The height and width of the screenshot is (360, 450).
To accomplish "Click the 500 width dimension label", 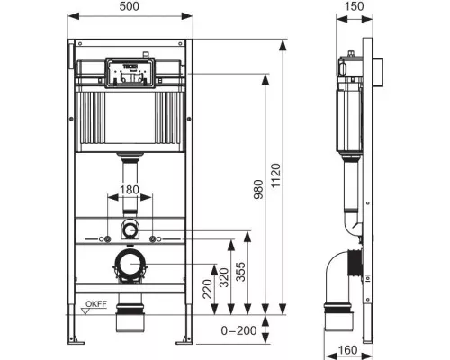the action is pyautogui.click(x=130, y=6).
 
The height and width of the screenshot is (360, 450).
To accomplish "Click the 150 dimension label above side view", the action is pyautogui.click(x=355, y=6).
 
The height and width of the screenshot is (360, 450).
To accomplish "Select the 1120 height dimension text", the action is pyautogui.click(x=275, y=175).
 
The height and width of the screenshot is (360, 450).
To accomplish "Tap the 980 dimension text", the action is pyautogui.click(x=258, y=189).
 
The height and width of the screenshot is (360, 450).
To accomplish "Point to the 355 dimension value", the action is pyautogui.click(x=240, y=272).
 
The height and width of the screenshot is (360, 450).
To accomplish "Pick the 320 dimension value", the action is pyautogui.click(x=224, y=277).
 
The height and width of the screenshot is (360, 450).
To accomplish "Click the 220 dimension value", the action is pyautogui.click(x=207, y=289).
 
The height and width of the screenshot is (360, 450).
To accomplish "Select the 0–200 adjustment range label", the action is pyautogui.click(x=238, y=330).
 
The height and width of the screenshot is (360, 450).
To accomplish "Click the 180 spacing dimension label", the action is pyautogui.click(x=130, y=190).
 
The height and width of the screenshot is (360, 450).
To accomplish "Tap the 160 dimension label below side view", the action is pyautogui.click(x=348, y=350).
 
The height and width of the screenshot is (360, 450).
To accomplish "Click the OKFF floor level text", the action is pyautogui.click(x=96, y=304).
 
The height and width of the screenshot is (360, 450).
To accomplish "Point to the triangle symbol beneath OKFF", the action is pyautogui.click(x=86, y=311).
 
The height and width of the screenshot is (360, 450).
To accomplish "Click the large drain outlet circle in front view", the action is pyautogui.click(x=130, y=264).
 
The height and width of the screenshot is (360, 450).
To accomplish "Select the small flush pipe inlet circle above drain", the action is pyautogui.click(x=130, y=230).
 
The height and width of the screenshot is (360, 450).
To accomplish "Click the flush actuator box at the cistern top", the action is pyautogui.click(x=130, y=73).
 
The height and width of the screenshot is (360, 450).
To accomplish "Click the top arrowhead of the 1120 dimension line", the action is pyautogui.click(x=282, y=46).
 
